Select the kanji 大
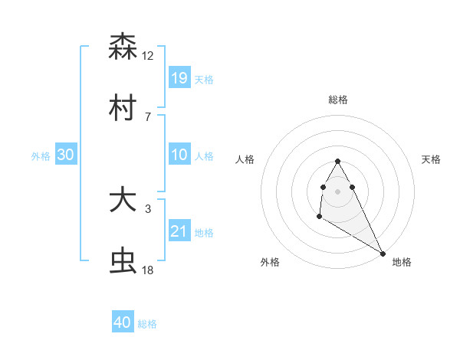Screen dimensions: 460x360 pyautogui.click(x=123, y=201)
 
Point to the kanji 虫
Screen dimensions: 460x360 pyautogui.click(x=123, y=262)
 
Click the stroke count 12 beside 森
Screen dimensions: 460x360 pyautogui.click(x=148, y=55)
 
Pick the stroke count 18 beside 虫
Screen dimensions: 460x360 pyautogui.click(x=148, y=270)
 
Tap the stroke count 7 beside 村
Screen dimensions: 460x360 pyautogui.click(x=147, y=116)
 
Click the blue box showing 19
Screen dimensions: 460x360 pyautogui.click(x=179, y=77)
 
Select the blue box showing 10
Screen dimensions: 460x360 pyautogui.click(x=179, y=155)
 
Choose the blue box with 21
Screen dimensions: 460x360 pyautogui.click(x=179, y=231)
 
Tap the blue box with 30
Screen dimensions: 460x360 pyautogui.click(x=66, y=155)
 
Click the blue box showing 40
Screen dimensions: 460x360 pyautogui.click(x=123, y=322)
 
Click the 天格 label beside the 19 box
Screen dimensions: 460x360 pyautogui.click(x=204, y=79)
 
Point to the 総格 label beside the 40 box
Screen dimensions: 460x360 pyautogui.click(x=147, y=324)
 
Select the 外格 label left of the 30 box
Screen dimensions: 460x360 pyautogui.click(x=41, y=155)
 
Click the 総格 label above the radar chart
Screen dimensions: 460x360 pyautogui.click(x=338, y=100)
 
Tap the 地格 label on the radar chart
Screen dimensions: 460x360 pyautogui.click(x=402, y=262)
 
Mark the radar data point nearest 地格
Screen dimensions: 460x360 pyautogui.click(x=383, y=253)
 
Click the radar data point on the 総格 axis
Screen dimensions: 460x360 pyautogui.click(x=337, y=161)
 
